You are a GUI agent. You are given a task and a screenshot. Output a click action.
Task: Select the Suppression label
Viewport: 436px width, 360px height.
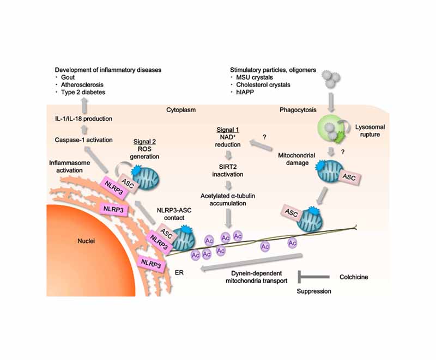(313, 291)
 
